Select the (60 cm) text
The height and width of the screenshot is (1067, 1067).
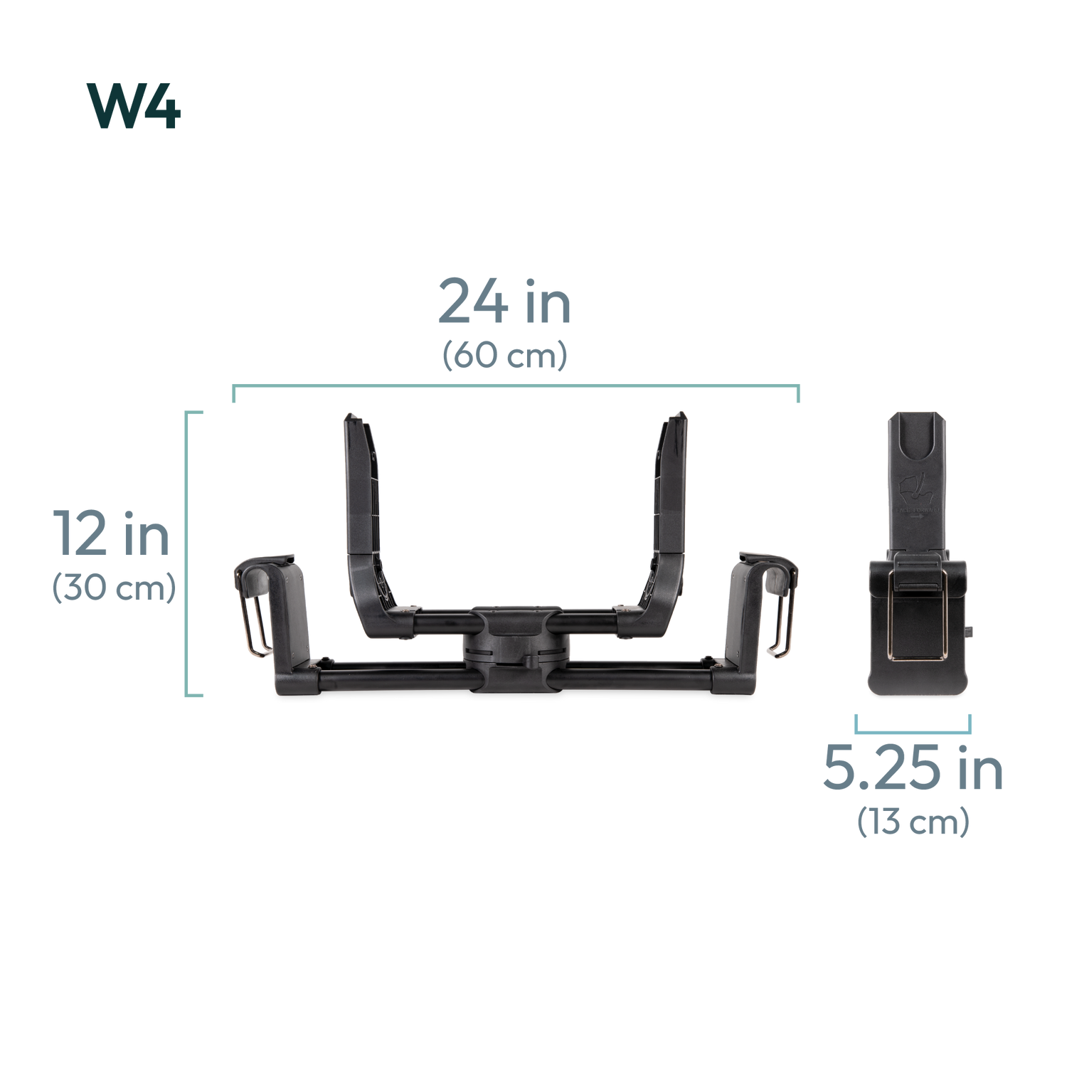click(x=504, y=356)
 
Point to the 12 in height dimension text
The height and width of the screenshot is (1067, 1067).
click(x=112, y=534)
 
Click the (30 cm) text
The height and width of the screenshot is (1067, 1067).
click(x=114, y=590)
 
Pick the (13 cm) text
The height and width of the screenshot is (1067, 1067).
click(x=913, y=823)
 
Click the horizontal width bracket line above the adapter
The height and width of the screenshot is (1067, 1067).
click(x=516, y=386)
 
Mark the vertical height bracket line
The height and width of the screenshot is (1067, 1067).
click(x=187, y=553)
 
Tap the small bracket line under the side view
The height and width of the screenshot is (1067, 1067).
click(x=913, y=730)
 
